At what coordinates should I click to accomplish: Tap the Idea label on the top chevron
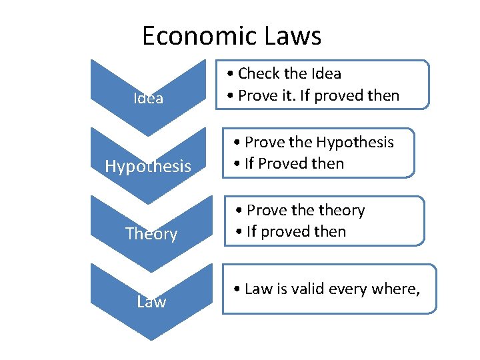148,99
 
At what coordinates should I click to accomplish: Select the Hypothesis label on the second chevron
148,166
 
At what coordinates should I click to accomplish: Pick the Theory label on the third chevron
151,234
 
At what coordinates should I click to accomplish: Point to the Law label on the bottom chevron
151,302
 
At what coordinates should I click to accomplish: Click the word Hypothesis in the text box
355,142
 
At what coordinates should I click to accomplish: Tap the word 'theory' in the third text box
342,210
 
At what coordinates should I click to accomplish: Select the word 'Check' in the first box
255,73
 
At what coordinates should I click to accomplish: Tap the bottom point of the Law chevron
151,339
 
